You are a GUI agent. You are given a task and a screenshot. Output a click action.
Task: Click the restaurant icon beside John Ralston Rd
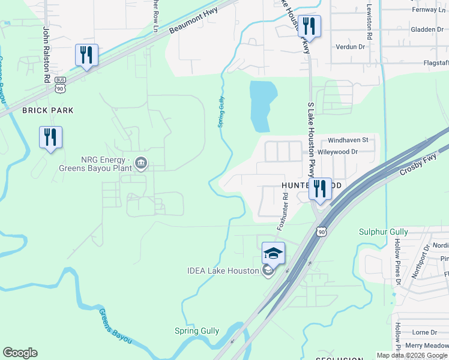(x=86, y=55)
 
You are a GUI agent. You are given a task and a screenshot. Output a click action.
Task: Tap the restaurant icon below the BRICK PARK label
(x=50, y=137)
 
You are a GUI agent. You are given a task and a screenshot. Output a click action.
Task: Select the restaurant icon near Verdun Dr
(x=310, y=26)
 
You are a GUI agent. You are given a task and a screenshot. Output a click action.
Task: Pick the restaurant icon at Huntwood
(x=319, y=190)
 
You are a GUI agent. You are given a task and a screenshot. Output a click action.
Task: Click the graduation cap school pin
(x=273, y=253)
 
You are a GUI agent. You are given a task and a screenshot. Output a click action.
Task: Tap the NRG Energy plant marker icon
(x=141, y=163)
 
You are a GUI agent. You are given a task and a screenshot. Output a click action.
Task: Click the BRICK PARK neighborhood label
(x=47, y=110)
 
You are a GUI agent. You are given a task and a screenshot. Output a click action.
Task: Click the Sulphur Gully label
(x=384, y=232)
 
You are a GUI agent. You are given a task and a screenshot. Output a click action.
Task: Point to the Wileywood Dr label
(x=337, y=152)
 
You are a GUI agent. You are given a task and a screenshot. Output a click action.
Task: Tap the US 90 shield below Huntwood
(x=322, y=231)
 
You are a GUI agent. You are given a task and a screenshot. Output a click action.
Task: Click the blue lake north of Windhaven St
(x=263, y=105)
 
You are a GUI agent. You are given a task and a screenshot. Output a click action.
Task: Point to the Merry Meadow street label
(x=426, y=345)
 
